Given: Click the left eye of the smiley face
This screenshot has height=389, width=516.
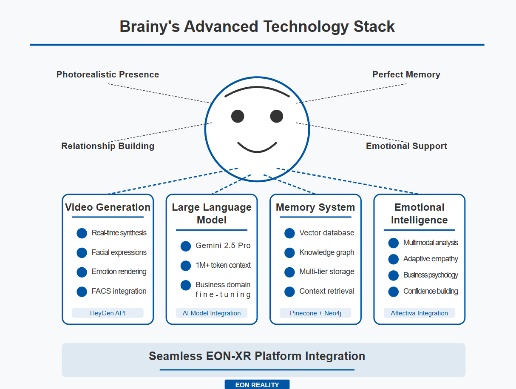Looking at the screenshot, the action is pyautogui.click(x=238, y=116).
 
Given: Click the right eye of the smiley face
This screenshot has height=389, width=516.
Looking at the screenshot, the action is pyautogui.click(x=276, y=116).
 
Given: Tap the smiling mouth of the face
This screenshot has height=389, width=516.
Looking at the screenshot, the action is pyautogui.click(x=257, y=147).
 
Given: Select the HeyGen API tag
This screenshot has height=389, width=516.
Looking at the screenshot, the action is pyautogui.click(x=108, y=313).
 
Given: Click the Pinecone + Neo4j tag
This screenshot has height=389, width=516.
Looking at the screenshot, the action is pyautogui.click(x=315, y=313).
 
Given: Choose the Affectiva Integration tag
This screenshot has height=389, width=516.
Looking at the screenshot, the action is pyautogui.click(x=420, y=313).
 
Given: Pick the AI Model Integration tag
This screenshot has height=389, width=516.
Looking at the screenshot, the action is pyautogui.click(x=212, y=313).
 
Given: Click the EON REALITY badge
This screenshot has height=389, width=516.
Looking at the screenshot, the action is pyautogui.click(x=257, y=384).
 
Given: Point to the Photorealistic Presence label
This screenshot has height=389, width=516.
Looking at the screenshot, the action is pyautogui.click(x=108, y=74).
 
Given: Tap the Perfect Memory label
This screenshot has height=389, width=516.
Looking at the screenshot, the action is pyautogui.click(x=406, y=74).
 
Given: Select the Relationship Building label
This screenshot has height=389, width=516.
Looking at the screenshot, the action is pyautogui.click(x=108, y=146).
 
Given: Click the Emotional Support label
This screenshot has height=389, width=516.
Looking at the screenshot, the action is pyautogui.click(x=406, y=146).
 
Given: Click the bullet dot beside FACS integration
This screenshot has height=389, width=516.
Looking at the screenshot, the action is pyautogui.click(x=82, y=292).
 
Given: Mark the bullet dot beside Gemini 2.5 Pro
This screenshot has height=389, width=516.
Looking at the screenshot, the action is pyautogui.click(x=186, y=246).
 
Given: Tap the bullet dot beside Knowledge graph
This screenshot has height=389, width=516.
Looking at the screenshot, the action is pyautogui.click(x=289, y=253).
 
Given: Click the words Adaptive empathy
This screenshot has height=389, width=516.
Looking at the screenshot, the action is pyautogui.click(x=431, y=259).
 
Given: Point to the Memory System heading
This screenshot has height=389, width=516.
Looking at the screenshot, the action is pyautogui.click(x=315, y=207).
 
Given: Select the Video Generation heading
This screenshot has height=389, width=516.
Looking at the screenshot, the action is pyautogui.click(x=108, y=207).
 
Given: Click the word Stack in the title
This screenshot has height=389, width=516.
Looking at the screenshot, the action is pyautogui.click(x=374, y=26).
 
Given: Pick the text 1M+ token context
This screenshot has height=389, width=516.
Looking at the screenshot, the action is pyautogui.click(x=223, y=265).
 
